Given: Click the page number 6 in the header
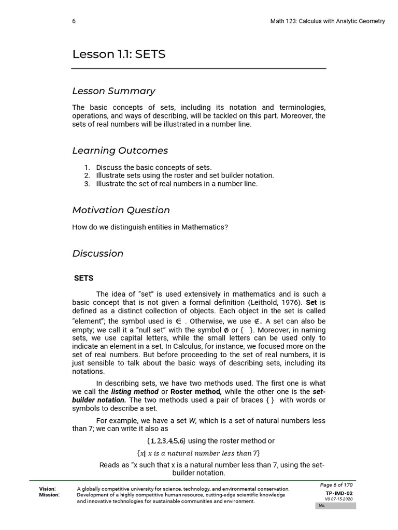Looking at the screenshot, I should click(74, 21).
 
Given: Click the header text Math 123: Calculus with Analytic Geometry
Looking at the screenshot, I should click(328, 21).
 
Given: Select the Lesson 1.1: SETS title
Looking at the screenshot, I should click(119, 54).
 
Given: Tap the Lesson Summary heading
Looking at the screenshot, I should click(113, 91).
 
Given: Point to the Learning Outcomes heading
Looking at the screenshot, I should click(120, 151).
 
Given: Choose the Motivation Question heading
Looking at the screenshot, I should click(121, 210).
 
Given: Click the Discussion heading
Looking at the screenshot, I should click(97, 254).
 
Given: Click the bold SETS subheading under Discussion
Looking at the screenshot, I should click(83, 278).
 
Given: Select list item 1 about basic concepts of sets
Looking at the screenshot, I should click(153, 167).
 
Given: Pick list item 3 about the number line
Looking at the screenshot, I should click(176, 184).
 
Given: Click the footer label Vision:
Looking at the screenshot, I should click(48, 489).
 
